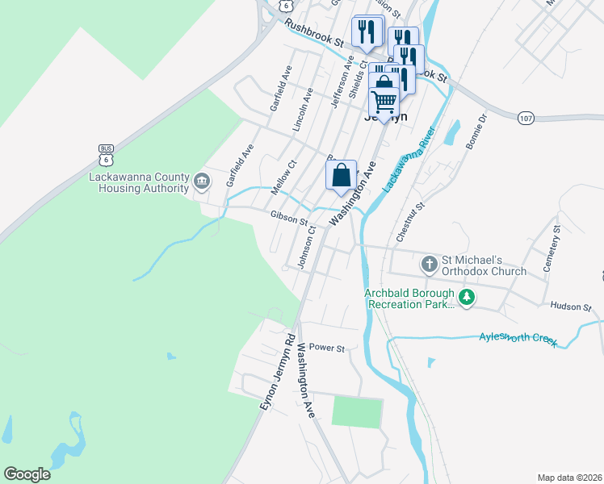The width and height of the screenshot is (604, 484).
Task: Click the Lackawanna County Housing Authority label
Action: tap(139, 182)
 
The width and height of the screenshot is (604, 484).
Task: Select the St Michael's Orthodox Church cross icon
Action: tap(429, 264)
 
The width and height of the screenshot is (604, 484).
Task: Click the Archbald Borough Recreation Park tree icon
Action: tap(467, 298)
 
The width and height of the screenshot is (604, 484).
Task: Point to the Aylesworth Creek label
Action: tap(518, 337)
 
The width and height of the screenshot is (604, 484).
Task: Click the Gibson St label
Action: tap(289, 219)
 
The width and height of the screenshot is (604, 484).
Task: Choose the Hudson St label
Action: tap(571, 307)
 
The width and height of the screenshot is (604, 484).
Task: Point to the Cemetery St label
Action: tap(555, 251)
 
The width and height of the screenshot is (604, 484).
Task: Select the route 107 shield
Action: tap(526, 118)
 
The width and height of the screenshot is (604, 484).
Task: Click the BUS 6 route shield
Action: tap(106, 154)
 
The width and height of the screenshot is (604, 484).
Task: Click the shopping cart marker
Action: tap(384, 102)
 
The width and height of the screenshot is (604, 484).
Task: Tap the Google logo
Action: tap(27, 474)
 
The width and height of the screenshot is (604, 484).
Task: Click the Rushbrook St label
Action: tap(314, 35)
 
